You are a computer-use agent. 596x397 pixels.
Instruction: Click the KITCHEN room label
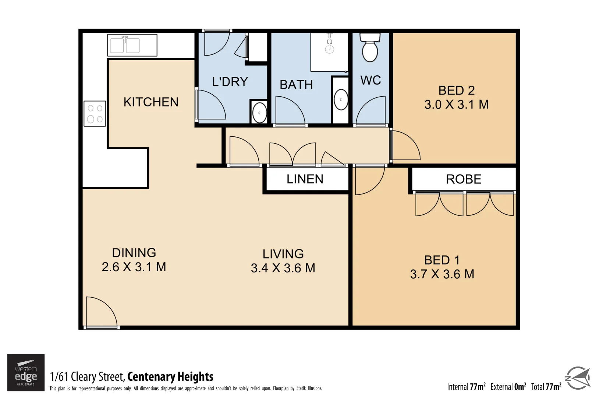click(x=151, y=102)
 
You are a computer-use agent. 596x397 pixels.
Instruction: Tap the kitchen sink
click(x=125, y=45)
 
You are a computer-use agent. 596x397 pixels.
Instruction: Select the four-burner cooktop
click(x=95, y=114)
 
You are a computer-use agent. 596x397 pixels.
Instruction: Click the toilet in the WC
click(x=370, y=48)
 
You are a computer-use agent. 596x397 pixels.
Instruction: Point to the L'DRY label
click(x=230, y=82)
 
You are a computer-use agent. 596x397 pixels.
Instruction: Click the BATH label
click(x=296, y=85)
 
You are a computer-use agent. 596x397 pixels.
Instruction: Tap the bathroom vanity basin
click(x=341, y=100)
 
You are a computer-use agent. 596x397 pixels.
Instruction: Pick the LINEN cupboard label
click(x=305, y=179)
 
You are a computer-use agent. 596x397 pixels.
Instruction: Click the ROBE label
click(x=464, y=179)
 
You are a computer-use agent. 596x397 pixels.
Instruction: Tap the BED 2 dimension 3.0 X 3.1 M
click(x=456, y=104)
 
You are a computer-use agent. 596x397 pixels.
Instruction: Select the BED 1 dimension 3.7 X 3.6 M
click(x=442, y=274)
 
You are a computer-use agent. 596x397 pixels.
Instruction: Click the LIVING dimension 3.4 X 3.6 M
click(x=283, y=268)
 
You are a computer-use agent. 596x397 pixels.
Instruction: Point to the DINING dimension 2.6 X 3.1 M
click(x=134, y=267)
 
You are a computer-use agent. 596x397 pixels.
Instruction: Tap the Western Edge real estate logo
click(x=26, y=372)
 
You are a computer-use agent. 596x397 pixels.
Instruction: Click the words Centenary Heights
click(x=170, y=376)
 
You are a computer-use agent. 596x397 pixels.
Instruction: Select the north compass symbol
click(x=578, y=378)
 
